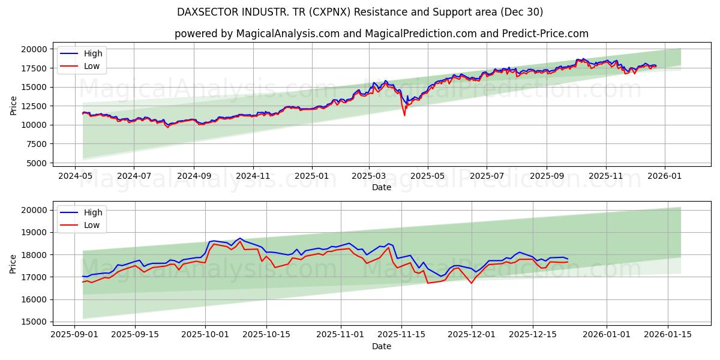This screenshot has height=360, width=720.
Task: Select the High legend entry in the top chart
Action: tap(93, 53)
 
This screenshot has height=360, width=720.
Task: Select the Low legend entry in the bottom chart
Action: tap(92, 225)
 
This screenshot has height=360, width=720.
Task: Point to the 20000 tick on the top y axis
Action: tap(34, 49)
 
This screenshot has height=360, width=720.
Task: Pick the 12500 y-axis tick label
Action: tap(34, 106)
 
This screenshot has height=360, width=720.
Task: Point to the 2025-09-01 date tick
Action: tap(74, 334)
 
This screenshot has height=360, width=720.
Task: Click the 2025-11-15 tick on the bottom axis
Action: tap(406, 334)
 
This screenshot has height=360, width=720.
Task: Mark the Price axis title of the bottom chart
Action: tap(13, 263)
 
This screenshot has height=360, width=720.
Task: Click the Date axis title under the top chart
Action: tap(381, 187)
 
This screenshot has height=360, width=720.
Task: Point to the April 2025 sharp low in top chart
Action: tap(404, 115)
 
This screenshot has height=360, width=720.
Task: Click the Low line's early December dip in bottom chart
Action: tap(471, 283)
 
